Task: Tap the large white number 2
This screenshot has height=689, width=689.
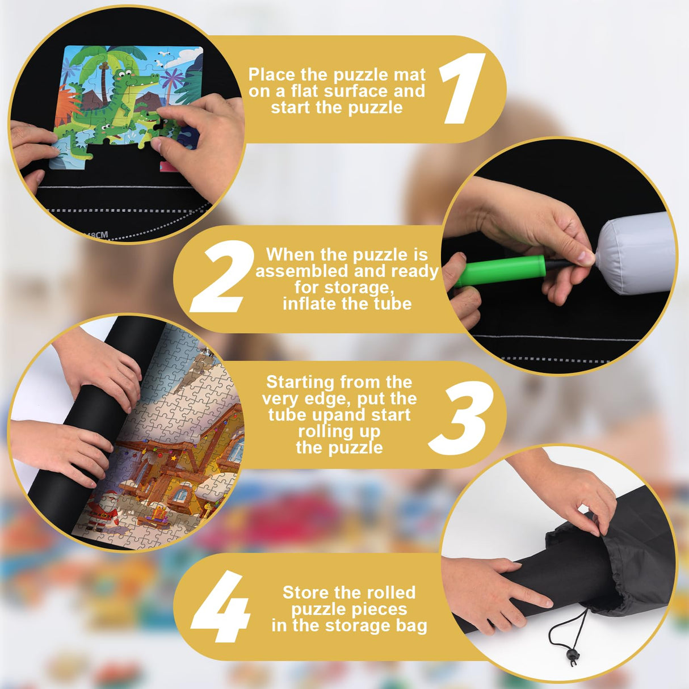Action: point(222,276)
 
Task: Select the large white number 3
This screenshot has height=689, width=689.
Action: point(461,418)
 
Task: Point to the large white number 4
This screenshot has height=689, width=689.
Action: point(221,606)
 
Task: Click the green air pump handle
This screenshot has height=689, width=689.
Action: point(501,271)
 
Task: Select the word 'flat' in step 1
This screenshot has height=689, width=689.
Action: point(306,91)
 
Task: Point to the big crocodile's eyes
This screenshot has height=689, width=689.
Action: point(124,74)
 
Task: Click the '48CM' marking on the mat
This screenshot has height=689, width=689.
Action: point(95,235)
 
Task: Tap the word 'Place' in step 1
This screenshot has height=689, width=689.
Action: point(272,74)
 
